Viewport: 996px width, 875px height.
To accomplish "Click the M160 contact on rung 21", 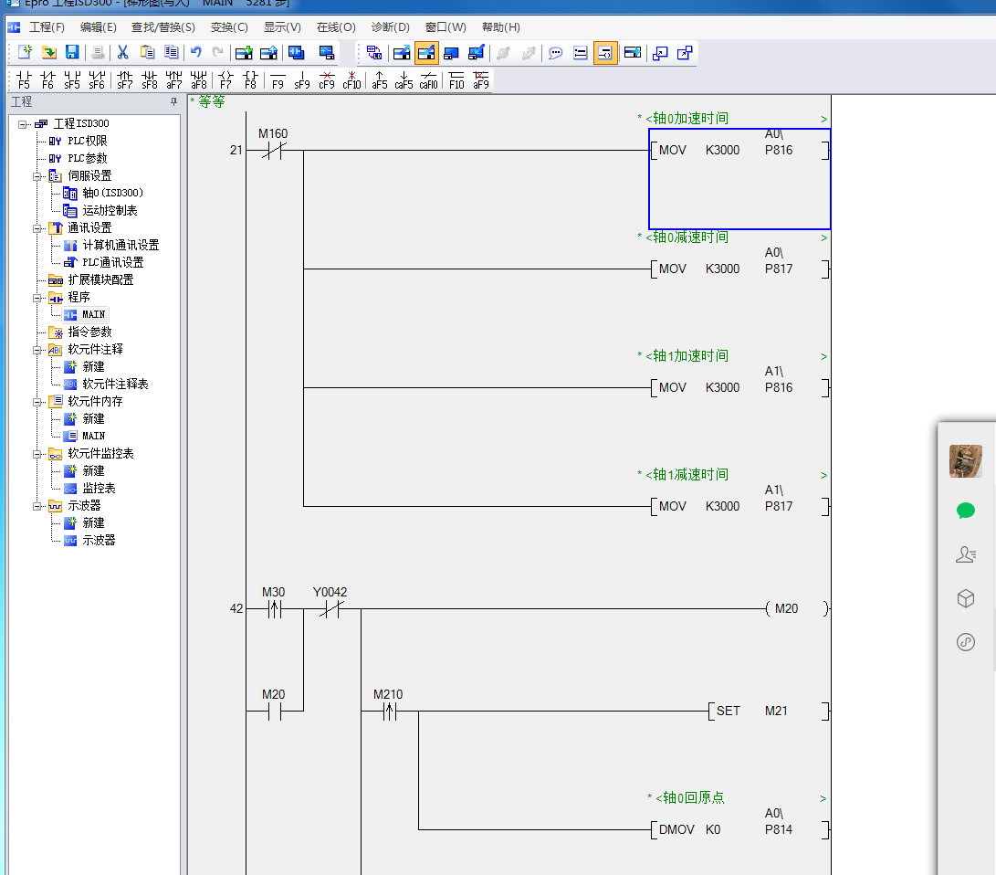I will (x=273, y=151).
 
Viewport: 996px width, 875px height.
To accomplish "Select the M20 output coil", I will (x=786, y=608).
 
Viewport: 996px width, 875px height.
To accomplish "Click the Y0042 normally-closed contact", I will (x=330, y=608).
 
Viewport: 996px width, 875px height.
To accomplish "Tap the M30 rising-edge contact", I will (x=273, y=608).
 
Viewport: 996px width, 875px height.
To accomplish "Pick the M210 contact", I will (x=388, y=711).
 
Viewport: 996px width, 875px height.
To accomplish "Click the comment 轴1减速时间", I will (x=687, y=475).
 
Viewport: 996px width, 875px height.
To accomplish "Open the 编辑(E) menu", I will (x=98, y=27).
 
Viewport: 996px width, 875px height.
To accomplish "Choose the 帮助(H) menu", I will (x=500, y=27).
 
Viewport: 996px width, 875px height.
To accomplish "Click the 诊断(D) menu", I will (x=390, y=27).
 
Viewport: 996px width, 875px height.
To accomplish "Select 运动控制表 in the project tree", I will (x=110, y=210).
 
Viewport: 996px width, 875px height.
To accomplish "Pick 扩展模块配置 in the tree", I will (x=100, y=279).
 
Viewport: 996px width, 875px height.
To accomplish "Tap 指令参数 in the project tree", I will (x=89, y=332).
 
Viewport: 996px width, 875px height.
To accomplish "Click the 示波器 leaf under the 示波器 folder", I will (x=99, y=540).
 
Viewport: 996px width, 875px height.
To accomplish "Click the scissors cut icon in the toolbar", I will (x=122, y=53).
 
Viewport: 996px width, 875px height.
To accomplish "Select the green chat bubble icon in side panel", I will (x=966, y=511).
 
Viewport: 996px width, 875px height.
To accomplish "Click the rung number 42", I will (x=236, y=608).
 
